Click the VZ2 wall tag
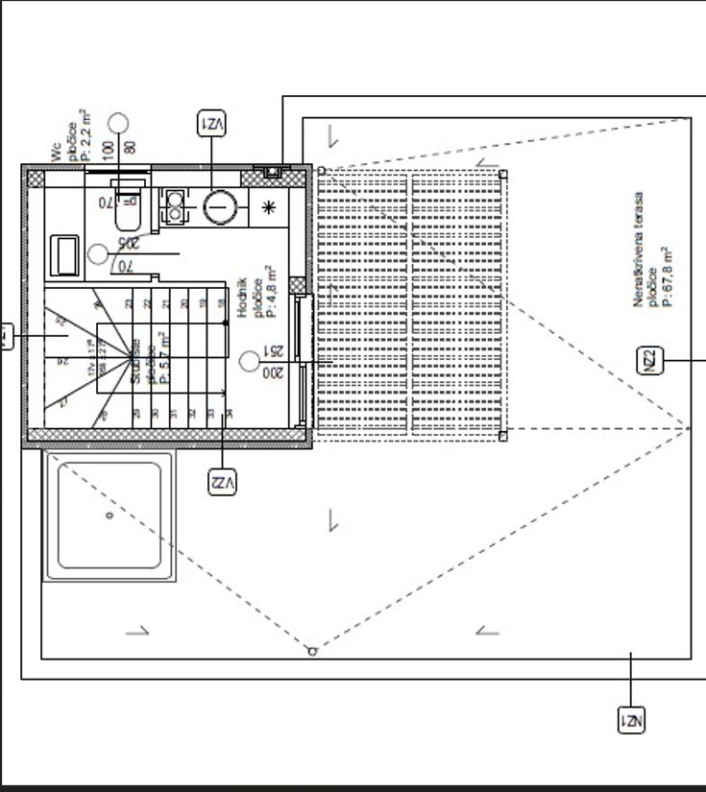pos(222,482)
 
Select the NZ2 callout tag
pos(650,360)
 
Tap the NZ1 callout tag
pos(630,720)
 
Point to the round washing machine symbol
pos(220,206)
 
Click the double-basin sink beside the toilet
pos(175,205)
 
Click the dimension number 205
pos(127,244)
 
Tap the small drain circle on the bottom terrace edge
pos(312,652)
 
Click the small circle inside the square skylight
pos(110,516)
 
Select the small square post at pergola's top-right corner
pos(503,174)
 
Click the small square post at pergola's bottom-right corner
pos(502,436)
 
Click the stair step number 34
pos(228,414)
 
